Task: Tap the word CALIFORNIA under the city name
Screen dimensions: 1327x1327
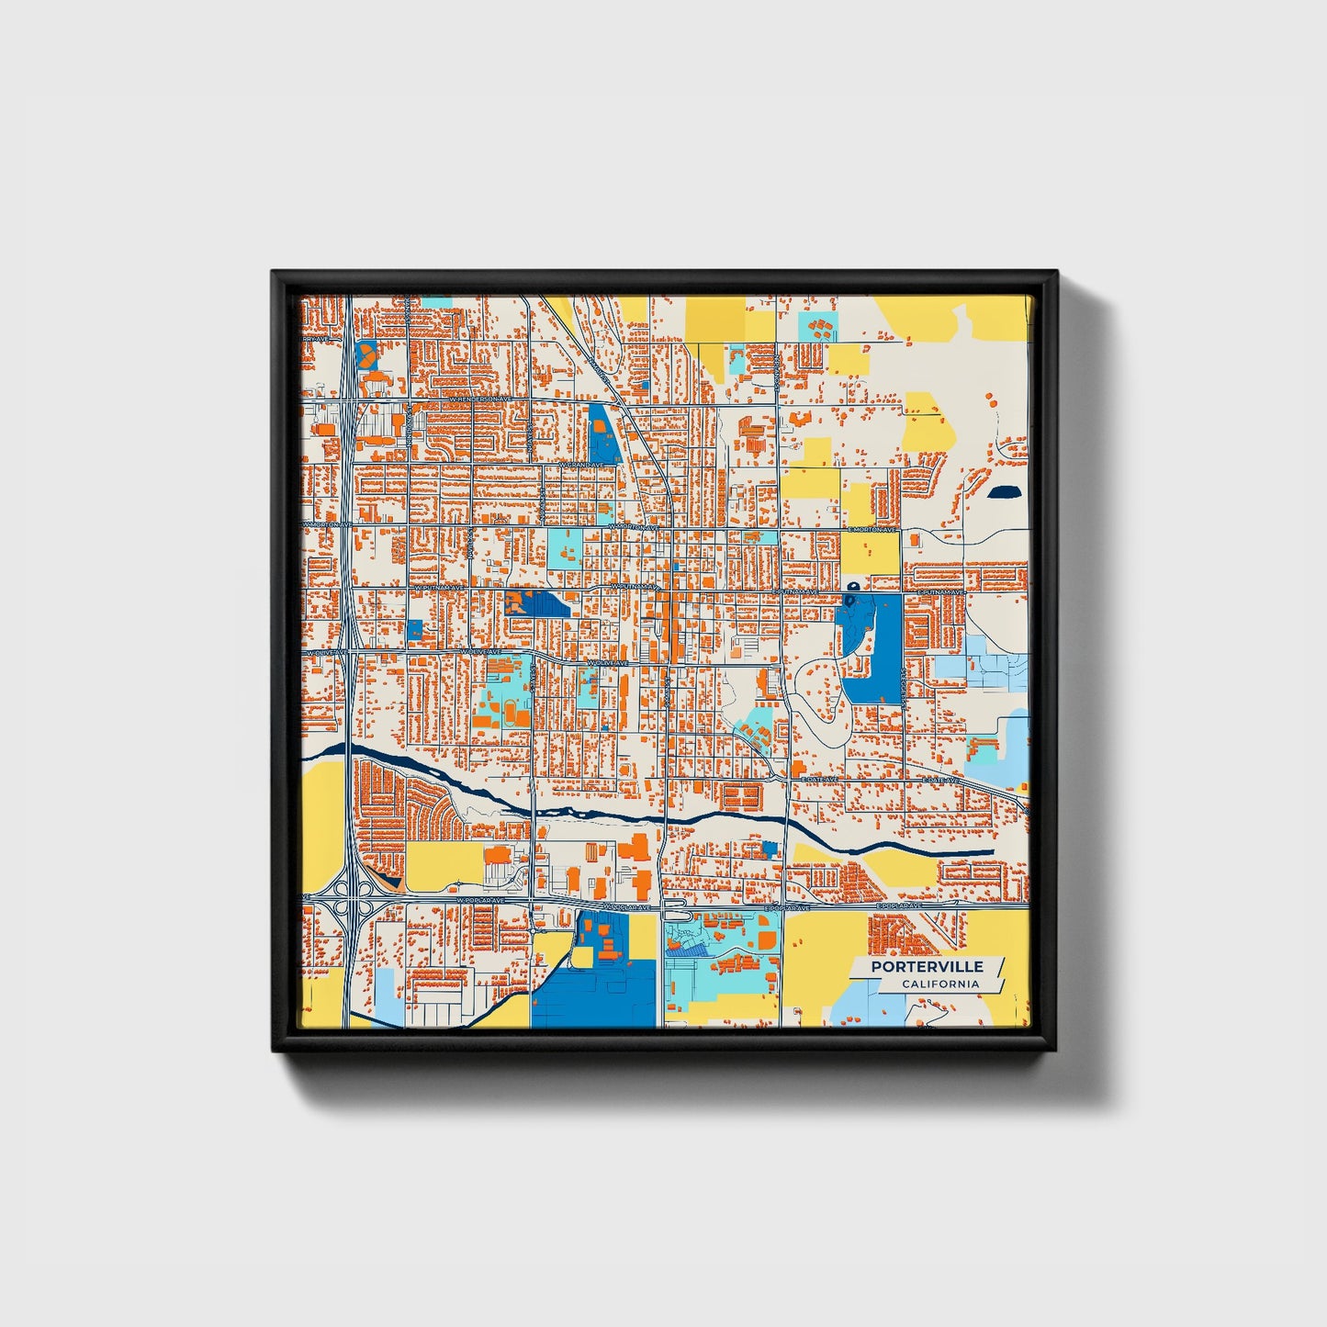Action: pyautogui.click(x=939, y=984)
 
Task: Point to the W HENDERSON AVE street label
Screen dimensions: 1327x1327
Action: pyautogui.click(x=478, y=400)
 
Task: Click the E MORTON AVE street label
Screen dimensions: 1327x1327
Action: pyautogui.click(x=872, y=530)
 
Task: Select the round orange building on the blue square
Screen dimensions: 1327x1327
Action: pyautogui.click(x=366, y=353)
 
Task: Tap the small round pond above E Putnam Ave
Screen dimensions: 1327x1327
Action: pyautogui.click(x=852, y=586)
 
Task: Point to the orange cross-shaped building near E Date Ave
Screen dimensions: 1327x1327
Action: pyautogui.click(x=798, y=765)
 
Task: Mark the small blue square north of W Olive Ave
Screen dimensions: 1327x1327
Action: pyautogui.click(x=415, y=631)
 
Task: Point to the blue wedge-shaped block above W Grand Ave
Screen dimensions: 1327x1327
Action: pyautogui.click(x=602, y=434)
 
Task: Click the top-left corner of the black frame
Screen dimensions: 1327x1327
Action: pyautogui.click(x=274, y=273)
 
